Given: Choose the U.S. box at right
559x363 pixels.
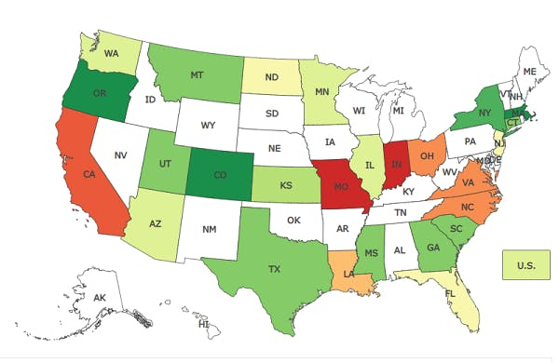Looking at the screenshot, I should (x=525, y=265).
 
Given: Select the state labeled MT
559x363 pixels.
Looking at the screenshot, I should (x=196, y=74).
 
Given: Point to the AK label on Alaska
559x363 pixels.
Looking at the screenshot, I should (x=99, y=296).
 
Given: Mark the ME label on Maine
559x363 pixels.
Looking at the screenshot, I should (x=529, y=71).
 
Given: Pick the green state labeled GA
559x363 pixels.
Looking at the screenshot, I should (x=431, y=248).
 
